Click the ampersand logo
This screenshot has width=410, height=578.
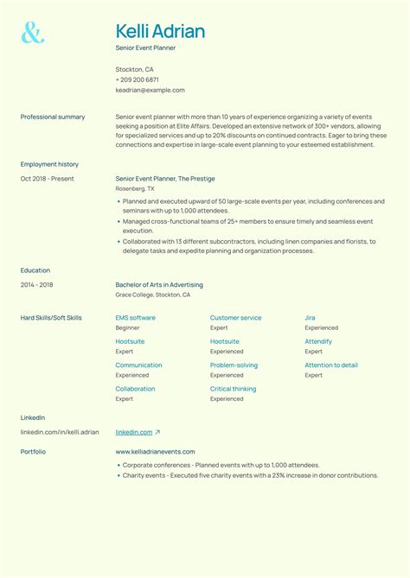click(x=32, y=33)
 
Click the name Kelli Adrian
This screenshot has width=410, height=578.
click(x=160, y=32)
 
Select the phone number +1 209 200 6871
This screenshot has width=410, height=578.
click(x=138, y=79)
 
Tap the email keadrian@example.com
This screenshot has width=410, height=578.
click(x=150, y=90)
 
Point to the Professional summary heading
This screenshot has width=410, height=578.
click(x=53, y=117)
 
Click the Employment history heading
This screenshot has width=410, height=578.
click(x=49, y=164)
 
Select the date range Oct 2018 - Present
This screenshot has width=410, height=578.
click(x=48, y=179)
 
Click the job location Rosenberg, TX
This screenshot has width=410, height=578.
click(x=135, y=188)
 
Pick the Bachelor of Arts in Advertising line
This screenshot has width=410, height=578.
click(x=159, y=284)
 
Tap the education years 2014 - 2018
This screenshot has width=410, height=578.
click(x=37, y=284)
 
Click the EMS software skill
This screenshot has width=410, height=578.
click(x=136, y=318)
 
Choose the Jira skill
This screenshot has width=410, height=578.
click(x=310, y=318)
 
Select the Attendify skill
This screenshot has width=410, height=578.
click(x=318, y=341)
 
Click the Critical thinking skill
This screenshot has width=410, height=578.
click(x=233, y=389)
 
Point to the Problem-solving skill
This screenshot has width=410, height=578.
click(x=234, y=365)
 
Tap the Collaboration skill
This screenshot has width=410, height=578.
click(x=136, y=389)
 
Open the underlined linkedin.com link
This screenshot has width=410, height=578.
click(x=134, y=432)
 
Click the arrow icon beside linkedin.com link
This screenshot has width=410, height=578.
click(x=157, y=432)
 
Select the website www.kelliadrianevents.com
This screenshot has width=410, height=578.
click(x=155, y=452)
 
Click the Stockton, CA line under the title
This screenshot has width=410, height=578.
click(x=135, y=69)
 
